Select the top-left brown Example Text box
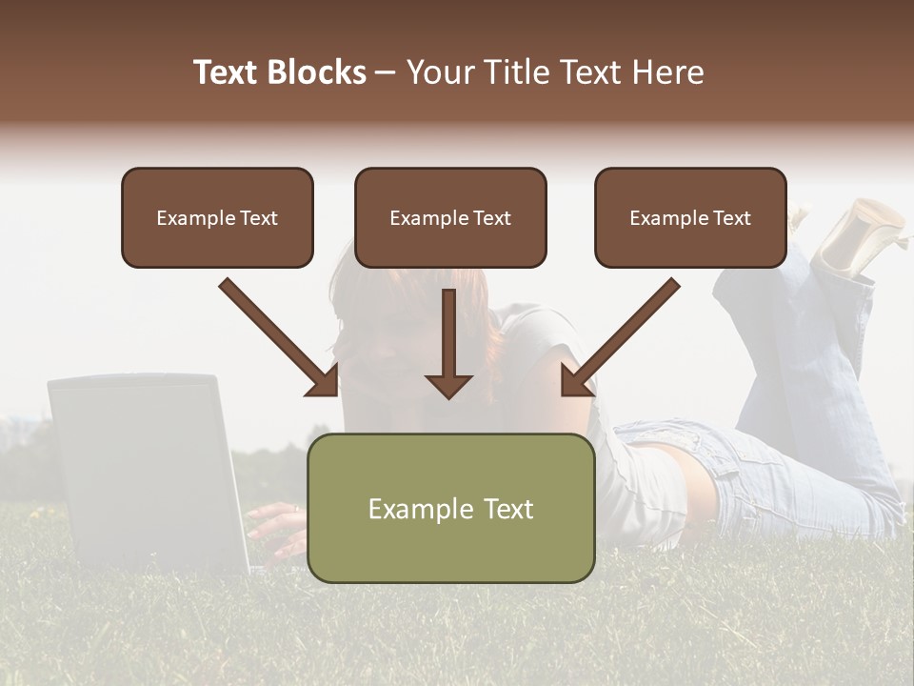[217, 217]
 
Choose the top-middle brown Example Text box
[450, 217]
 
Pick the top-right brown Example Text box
[690, 217]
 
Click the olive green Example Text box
[450, 508]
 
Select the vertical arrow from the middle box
[448, 343]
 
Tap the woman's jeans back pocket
[666, 443]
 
